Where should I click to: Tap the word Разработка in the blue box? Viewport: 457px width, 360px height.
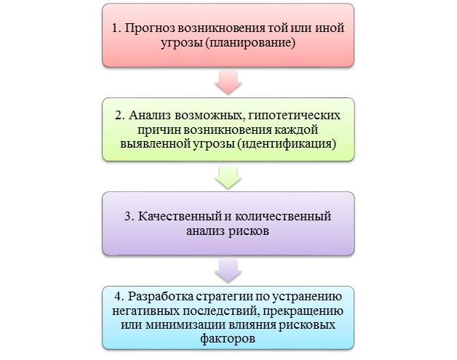coord(157,296)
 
